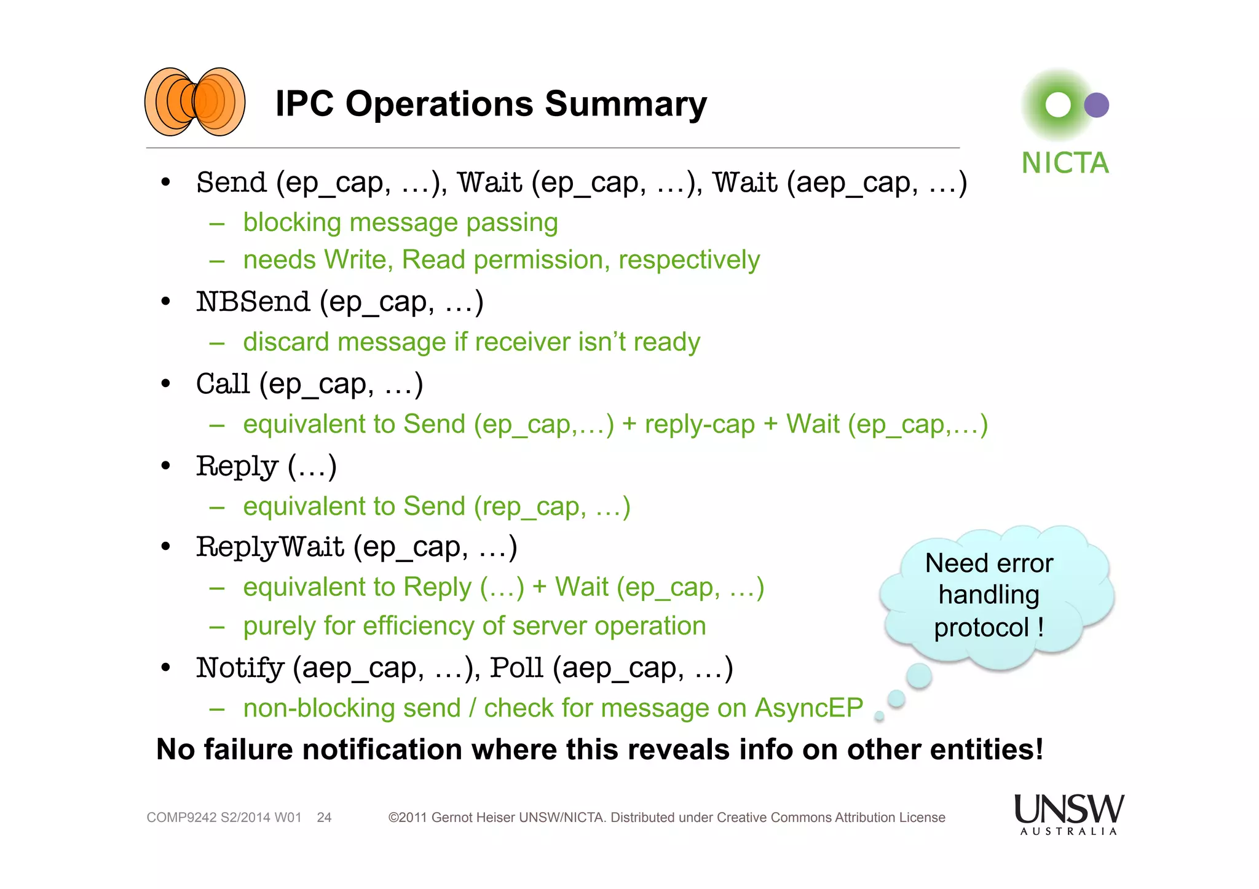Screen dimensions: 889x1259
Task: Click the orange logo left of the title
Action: point(194,102)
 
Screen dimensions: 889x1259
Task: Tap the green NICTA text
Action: point(1065,163)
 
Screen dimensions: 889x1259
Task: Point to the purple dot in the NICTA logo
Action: point(1096,105)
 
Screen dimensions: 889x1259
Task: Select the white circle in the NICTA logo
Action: point(1058,105)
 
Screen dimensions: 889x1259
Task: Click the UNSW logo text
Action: point(1068,809)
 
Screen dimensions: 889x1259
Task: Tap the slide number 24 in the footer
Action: point(324,818)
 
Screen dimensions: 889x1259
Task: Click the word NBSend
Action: point(253,302)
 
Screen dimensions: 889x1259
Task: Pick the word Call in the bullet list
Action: point(223,384)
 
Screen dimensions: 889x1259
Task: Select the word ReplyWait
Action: point(270,547)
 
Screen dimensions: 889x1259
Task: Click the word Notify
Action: point(240,668)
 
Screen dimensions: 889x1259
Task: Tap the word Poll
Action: point(516,668)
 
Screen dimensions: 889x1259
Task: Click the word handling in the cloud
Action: point(989,595)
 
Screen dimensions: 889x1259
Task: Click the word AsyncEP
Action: point(809,708)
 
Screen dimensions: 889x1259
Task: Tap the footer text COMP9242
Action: point(181,818)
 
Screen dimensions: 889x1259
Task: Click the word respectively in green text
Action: point(689,260)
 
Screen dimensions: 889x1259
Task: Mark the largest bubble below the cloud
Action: point(919,676)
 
